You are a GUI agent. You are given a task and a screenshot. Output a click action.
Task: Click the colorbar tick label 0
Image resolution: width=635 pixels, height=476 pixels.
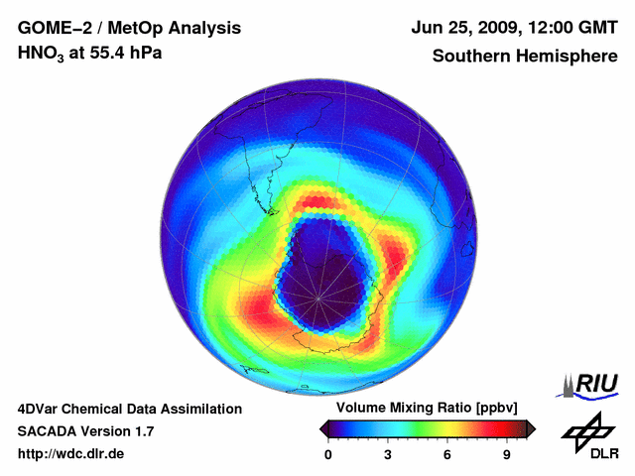(329, 455)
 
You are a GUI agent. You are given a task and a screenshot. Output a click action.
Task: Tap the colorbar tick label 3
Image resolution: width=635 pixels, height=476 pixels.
(388, 455)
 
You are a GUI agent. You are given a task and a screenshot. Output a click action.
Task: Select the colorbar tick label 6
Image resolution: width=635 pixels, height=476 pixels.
(447, 455)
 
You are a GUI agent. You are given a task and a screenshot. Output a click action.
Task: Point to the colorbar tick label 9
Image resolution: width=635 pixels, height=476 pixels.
(506, 455)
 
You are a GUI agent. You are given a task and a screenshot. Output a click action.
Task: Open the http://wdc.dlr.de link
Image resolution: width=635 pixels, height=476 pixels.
(71, 454)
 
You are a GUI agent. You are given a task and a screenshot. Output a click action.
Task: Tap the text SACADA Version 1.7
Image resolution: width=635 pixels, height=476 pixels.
(86, 431)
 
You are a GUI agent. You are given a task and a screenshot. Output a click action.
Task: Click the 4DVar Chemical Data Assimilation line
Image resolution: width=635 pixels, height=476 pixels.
(130, 409)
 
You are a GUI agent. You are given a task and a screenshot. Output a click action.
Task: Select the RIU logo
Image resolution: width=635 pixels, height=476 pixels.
(592, 384)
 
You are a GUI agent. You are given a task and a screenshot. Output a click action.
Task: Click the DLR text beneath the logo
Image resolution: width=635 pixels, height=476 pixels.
(604, 454)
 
